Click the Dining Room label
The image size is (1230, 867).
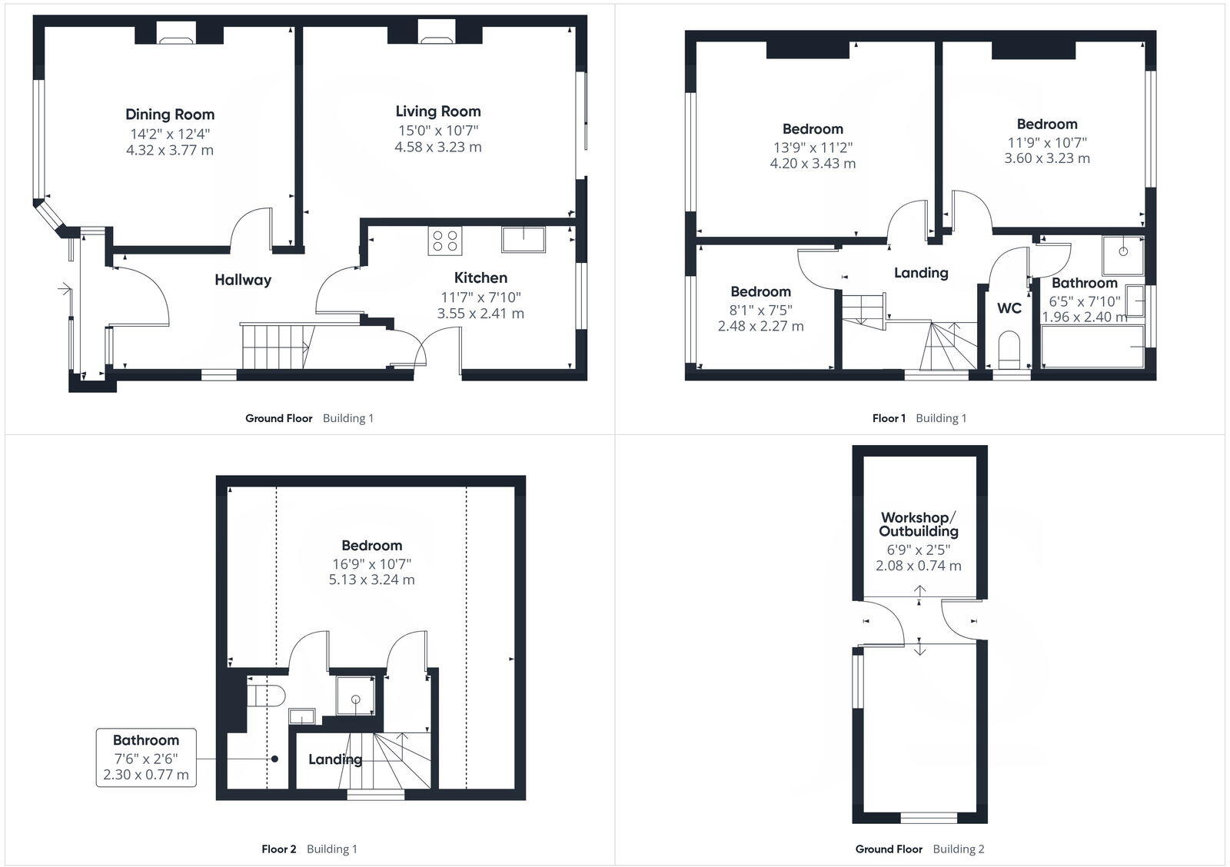[170, 115]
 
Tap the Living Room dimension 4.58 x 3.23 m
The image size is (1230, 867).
[438, 147]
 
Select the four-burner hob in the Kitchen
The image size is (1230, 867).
[445, 241]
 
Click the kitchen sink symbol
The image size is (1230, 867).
[523, 239]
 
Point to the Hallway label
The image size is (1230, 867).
[243, 280]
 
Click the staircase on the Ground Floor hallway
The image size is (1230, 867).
[275, 345]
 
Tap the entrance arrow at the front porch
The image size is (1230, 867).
[64, 290]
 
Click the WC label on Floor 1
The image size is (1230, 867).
[1009, 308]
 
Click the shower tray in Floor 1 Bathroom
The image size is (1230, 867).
[1123, 256]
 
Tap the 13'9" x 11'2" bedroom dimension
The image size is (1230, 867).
[813, 147]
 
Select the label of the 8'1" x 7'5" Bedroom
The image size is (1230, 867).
[760, 291]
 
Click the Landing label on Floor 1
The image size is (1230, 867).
[921, 273]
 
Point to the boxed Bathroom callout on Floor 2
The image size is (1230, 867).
[146, 758]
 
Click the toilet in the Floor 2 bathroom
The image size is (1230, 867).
[266, 696]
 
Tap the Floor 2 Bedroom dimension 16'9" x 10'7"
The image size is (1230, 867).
[372, 563]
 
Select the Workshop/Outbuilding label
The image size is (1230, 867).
[919, 524]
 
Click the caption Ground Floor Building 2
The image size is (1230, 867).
[919, 849]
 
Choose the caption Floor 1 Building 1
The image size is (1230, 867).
[919, 418]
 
